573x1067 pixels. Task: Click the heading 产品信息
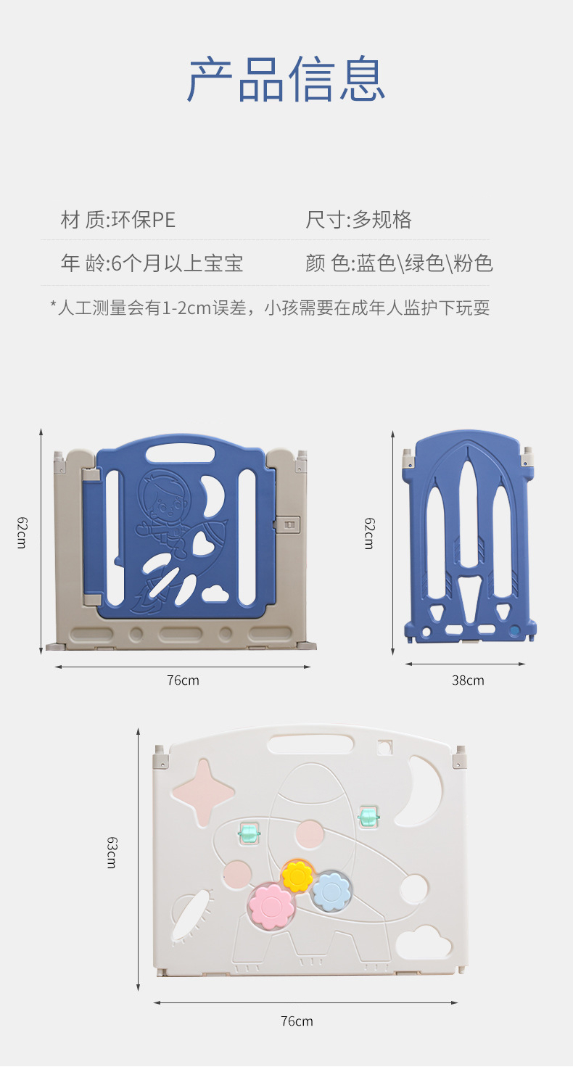tap(286, 79)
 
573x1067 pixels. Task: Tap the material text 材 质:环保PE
tap(118, 220)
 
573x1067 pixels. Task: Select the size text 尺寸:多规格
tap(358, 220)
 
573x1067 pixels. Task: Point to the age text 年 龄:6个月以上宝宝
tap(152, 263)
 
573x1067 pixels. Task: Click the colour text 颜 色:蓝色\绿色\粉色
tap(399, 263)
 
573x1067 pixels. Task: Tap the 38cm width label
tap(468, 680)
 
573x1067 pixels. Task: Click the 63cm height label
tap(111, 852)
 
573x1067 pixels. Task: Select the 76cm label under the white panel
tap(297, 1021)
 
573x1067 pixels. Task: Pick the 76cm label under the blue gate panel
tap(183, 680)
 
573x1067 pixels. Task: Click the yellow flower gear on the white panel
tap(297, 876)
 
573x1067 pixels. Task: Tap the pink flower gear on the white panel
tap(271, 905)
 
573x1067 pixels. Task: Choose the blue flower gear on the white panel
tap(331, 891)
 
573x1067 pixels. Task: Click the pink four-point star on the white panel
tap(203, 793)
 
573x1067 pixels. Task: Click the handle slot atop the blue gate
tap(180, 453)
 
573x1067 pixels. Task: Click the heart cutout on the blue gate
tap(203, 543)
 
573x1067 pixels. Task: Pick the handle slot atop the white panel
tap(310, 743)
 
